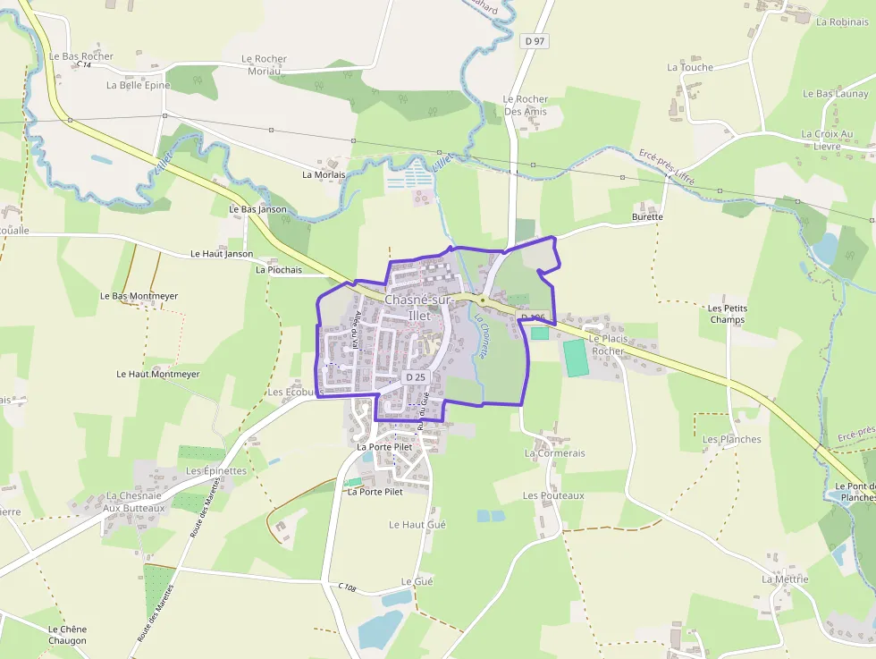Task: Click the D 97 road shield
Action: pyautogui.click(x=535, y=40)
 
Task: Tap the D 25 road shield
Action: pyautogui.click(x=416, y=377)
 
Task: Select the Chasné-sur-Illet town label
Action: pyautogui.click(x=418, y=308)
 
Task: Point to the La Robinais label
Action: pyautogui.click(x=842, y=22)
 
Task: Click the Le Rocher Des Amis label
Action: pyautogui.click(x=525, y=106)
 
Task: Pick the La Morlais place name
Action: pyautogui.click(x=324, y=174)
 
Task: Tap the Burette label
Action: pyautogui.click(x=647, y=216)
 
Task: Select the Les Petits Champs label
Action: pyautogui.click(x=728, y=314)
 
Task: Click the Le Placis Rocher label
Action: pyautogui.click(x=608, y=344)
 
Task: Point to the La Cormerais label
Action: pyautogui.click(x=554, y=453)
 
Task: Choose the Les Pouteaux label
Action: pyautogui.click(x=553, y=495)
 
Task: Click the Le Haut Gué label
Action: pyautogui.click(x=417, y=525)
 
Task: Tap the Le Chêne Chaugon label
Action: pyautogui.click(x=68, y=635)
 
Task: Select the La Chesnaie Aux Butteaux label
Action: pyautogui.click(x=135, y=502)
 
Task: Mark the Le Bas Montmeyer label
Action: pyautogui.click(x=139, y=296)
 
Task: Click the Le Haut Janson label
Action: pyautogui.click(x=222, y=254)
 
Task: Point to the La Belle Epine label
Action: pyautogui.click(x=138, y=86)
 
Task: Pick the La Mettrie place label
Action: pyautogui.click(x=785, y=579)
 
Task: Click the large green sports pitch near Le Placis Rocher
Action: pyautogui.click(x=577, y=358)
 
